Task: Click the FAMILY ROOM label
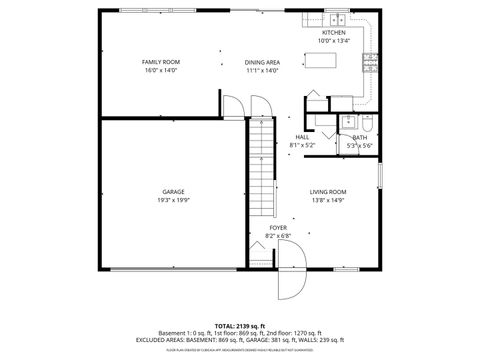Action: pyautogui.click(x=160, y=62)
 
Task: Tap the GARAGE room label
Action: pyautogui.click(x=174, y=191)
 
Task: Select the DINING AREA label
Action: pyautogui.click(x=262, y=62)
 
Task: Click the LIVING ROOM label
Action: pyautogui.click(x=327, y=191)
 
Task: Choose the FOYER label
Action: pyautogui.click(x=279, y=228)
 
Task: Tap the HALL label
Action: pyautogui.click(x=301, y=137)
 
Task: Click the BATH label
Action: pyautogui.click(x=359, y=138)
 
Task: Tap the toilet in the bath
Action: pyautogui.click(x=364, y=123)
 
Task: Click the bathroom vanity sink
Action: pyautogui.click(x=348, y=123)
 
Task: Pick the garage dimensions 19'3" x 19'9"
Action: pyautogui.click(x=174, y=200)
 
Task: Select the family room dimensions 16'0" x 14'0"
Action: pyautogui.click(x=160, y=70)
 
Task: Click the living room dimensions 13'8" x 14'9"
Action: pyautogui.click(x=327, y=200)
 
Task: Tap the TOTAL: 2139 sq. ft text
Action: pyautogui.click(x=239, y=326)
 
